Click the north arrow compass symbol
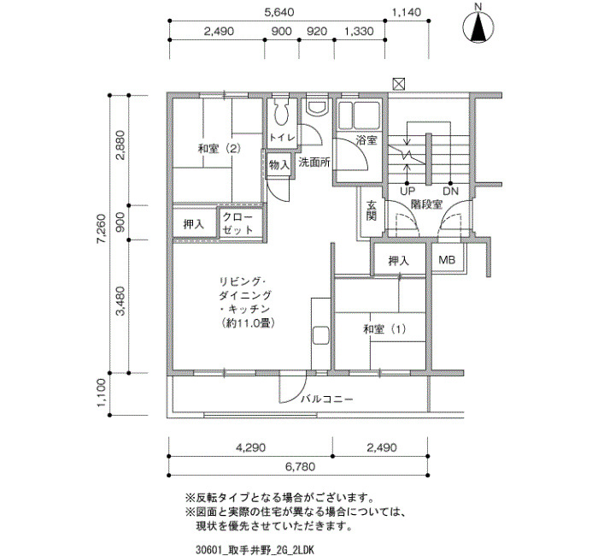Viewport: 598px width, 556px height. coord(478,27)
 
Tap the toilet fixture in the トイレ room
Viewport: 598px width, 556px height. coord(281,111)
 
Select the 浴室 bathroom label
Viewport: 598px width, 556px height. coord(366,140)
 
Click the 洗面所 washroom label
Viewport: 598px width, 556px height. coord(314,163)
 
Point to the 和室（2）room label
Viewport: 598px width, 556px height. coord(220,148)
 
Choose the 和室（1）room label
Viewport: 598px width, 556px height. coord(384,328)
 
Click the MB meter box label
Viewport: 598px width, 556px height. coord(447,260)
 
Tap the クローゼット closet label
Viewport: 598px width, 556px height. coord(237,223)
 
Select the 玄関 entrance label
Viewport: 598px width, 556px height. coord(371,210)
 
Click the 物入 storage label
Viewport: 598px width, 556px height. coord(279,165)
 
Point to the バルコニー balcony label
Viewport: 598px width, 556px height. coord(327,399)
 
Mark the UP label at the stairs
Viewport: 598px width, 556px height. coord(407,191)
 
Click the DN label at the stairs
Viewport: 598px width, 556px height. coord(450,191)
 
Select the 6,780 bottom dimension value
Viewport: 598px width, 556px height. coord(299,467)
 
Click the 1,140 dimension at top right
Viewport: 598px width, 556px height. coord(407,12)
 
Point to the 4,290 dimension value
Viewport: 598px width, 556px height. coord(250,447)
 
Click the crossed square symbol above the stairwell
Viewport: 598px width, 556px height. coord(399,84)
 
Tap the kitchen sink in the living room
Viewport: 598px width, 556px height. coord(320,336)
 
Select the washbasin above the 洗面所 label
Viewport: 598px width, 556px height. coord(317,108)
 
